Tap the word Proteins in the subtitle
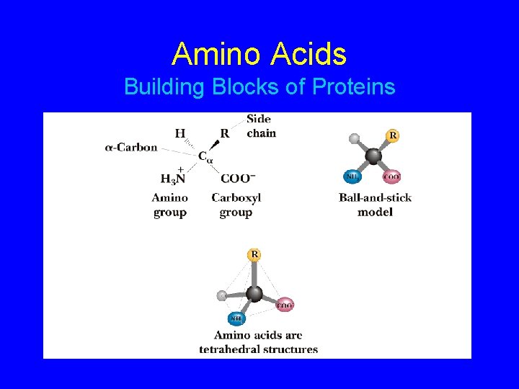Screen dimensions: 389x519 click(x=354, y=87)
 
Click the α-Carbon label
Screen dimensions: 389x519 click(x=131, y=148)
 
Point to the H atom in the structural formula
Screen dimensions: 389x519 click(x=179, y=133)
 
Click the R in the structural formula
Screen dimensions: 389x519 click(x=224, y=133)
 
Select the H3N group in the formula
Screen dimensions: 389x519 click(x=174, y=179)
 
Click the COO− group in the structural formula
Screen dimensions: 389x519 click(x=238, y=179)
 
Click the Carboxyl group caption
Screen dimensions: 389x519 click(x=236, y=205)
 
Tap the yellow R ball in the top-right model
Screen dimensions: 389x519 click(x=393, y=135)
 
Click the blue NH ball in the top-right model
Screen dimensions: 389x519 click(x=352, y=176)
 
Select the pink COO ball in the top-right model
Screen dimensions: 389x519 click(x=392, y=176)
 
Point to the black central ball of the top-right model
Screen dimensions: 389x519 click(x=373, y=156)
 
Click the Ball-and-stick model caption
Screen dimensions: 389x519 click(x=375, y=205)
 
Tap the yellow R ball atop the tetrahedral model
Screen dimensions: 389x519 click(x=254, y=254)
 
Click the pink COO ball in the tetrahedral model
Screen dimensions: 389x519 click(x=285, y=305)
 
